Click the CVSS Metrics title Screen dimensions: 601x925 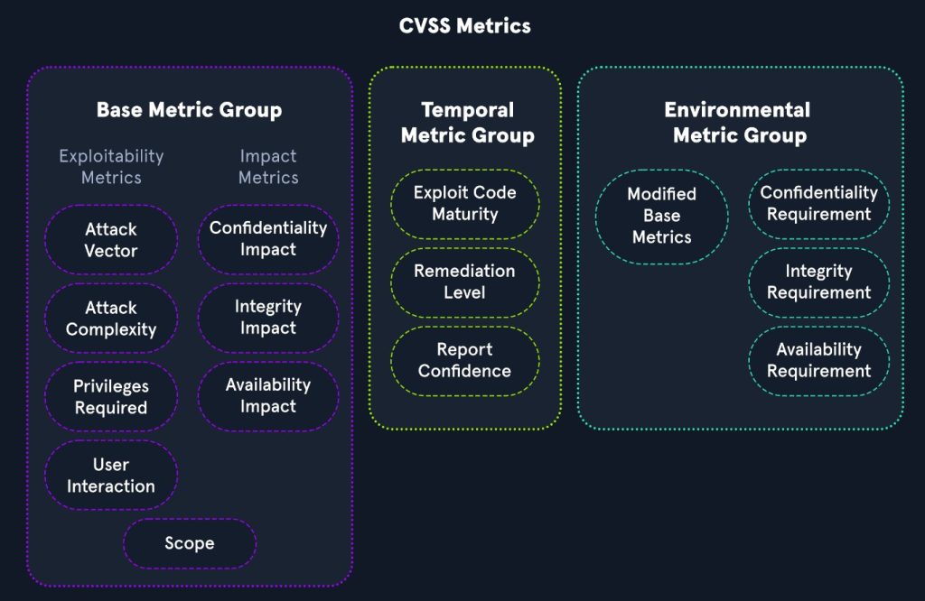464,25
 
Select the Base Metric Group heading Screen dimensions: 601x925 189,110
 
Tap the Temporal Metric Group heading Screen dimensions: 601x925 467,123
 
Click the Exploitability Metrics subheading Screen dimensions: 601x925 111,167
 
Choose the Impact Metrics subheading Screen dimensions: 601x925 268,167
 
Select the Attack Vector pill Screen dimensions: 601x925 111,240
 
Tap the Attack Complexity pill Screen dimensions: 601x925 111,319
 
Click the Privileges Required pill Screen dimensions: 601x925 111,397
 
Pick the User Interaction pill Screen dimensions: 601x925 111,476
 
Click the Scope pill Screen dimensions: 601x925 190,543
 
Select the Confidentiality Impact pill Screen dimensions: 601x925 268,239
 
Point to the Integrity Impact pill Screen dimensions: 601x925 268,318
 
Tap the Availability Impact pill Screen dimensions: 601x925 268,396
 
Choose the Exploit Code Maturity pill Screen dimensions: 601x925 464,204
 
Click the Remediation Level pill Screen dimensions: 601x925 464,282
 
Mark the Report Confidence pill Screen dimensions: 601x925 464,361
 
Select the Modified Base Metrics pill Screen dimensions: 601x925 661,216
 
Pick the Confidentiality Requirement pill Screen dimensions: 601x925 818,204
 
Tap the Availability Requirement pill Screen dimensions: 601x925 818,361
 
